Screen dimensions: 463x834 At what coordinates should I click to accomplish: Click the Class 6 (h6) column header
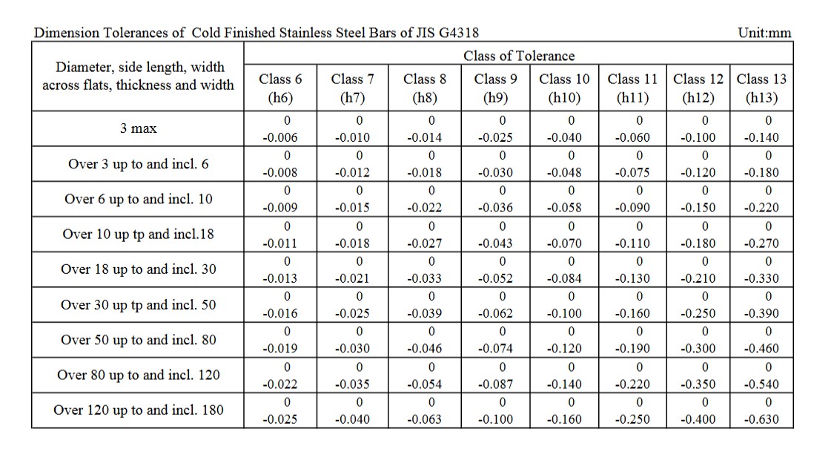(280, 88)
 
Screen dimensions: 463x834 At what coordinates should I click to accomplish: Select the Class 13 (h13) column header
(761, 88)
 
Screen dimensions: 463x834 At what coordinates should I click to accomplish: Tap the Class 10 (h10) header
(564, 88)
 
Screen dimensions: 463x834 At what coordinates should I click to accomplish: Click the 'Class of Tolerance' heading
(519, 56)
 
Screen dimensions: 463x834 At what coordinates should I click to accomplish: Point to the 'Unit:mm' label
(765, 33)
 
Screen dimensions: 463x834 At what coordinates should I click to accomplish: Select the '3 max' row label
(139, 128)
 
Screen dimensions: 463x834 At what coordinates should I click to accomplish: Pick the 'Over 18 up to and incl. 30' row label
(139, 269)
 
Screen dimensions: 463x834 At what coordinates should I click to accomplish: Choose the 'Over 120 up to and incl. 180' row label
(139, 410)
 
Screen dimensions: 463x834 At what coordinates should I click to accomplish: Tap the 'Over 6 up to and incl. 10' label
(139, 199)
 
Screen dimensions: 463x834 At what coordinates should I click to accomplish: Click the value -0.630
(761, 419)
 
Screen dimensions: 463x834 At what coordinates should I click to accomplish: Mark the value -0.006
(280, 137)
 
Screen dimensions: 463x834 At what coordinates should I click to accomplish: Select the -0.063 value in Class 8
(424, 419)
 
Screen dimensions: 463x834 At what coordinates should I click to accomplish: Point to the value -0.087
(495, 384)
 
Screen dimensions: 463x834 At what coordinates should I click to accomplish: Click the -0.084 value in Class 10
(564, 279)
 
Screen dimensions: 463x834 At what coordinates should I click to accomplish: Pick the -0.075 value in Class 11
(632, 173)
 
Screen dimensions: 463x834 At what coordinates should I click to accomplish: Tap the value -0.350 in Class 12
(698, 384)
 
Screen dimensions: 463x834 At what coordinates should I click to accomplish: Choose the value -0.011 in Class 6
(280, 243)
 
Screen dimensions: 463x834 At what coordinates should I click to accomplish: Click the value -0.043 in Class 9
(495, 243)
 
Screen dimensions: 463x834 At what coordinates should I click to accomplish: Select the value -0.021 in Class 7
(352, 279)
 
